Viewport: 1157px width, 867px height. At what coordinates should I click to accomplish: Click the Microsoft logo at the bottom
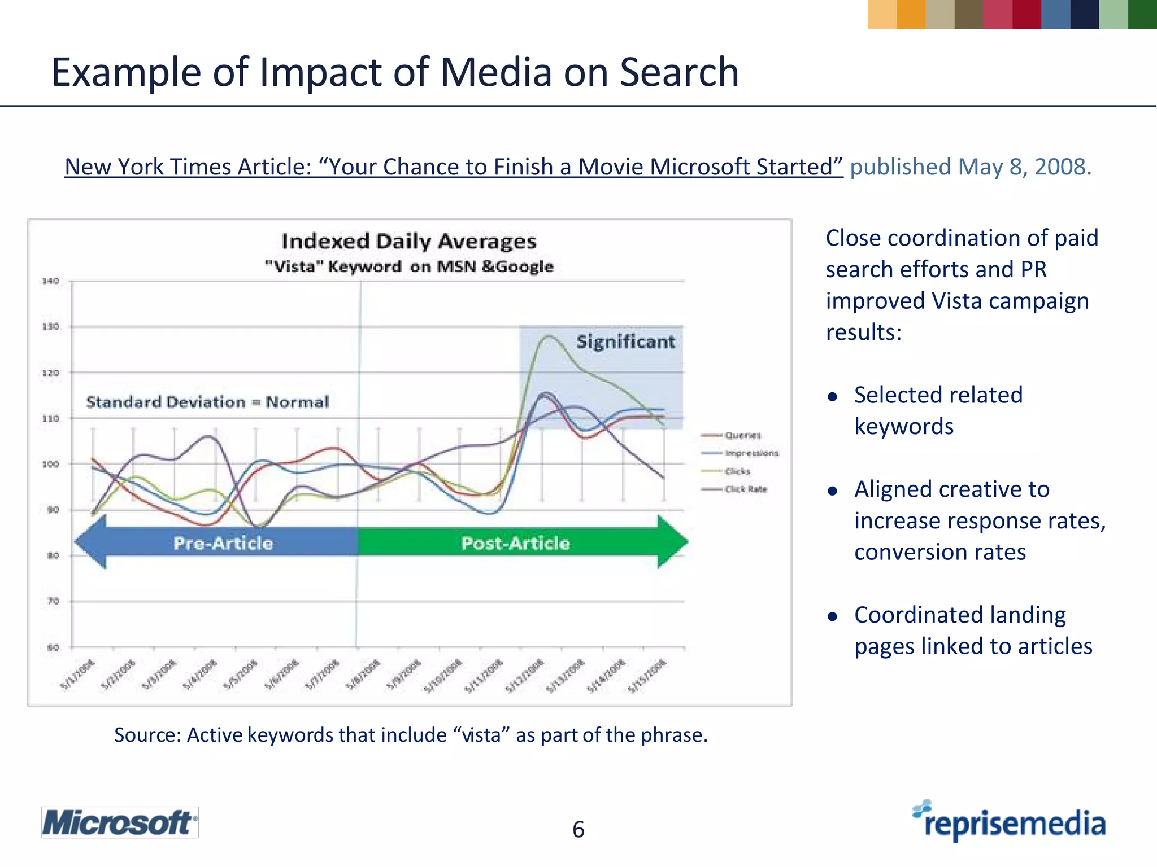(119, 822)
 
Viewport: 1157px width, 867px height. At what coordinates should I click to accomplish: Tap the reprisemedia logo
(1010, 822)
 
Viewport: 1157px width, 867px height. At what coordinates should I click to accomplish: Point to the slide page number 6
(578, 829)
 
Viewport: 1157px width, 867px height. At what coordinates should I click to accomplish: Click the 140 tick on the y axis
(50, 281)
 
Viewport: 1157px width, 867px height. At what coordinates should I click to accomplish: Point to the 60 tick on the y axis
(53, 647)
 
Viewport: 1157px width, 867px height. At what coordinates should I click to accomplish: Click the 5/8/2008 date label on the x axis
(363, 675)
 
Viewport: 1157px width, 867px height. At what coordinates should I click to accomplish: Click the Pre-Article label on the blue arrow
(223, 543)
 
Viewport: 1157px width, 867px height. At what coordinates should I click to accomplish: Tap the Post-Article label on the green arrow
(515, 543)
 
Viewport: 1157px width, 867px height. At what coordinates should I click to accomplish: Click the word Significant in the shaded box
(625, 341)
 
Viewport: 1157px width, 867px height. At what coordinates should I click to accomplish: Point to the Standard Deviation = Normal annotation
(207, 402)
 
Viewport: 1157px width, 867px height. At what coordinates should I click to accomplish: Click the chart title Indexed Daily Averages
(409, 241)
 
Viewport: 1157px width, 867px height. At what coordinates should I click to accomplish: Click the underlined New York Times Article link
(454, 167)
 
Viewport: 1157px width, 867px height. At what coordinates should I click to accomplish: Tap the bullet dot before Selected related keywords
(832, 397)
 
